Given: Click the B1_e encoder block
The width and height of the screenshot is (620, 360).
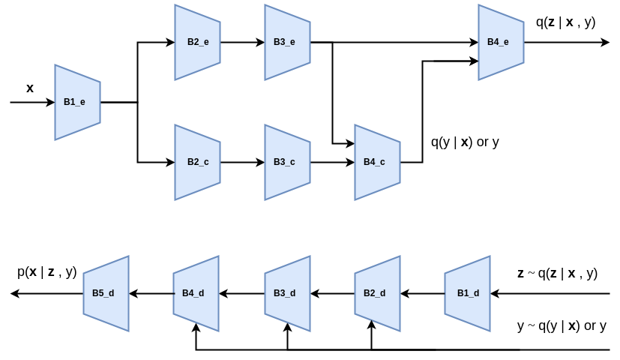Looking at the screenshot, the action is point(77,102).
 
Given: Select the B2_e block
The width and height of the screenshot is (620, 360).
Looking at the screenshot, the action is point(197,42).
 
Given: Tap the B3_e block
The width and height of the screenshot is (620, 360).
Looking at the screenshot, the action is point(287,42).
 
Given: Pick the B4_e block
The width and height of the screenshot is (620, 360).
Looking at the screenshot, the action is point(501,42).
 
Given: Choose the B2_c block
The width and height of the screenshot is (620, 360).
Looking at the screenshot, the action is point(197,162).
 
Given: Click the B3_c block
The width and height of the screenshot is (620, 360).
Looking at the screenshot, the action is point(287,162).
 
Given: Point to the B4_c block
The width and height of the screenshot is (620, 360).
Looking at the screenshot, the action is point(377,162).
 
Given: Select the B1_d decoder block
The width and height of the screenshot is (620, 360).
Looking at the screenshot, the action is point(467,293).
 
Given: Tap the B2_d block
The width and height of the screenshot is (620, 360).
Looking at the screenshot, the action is point(377,293).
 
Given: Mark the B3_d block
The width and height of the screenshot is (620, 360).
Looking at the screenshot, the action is point(287,293).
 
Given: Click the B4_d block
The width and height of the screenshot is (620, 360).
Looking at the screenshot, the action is point(196,293).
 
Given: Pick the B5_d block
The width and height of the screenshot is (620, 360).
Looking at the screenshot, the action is point(106,293).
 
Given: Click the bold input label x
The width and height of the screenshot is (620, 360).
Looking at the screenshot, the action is point(30,88).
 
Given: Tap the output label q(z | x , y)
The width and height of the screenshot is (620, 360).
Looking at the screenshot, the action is point(565,22).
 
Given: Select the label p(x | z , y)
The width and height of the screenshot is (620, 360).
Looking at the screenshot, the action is point(47,272).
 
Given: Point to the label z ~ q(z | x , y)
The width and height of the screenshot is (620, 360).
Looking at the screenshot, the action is point(557,273).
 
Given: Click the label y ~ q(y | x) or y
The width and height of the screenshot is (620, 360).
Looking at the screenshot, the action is point(562,326).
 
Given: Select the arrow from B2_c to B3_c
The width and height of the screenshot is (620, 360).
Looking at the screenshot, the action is point(242,162).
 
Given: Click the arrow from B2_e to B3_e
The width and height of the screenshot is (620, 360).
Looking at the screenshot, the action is point(242,42).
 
